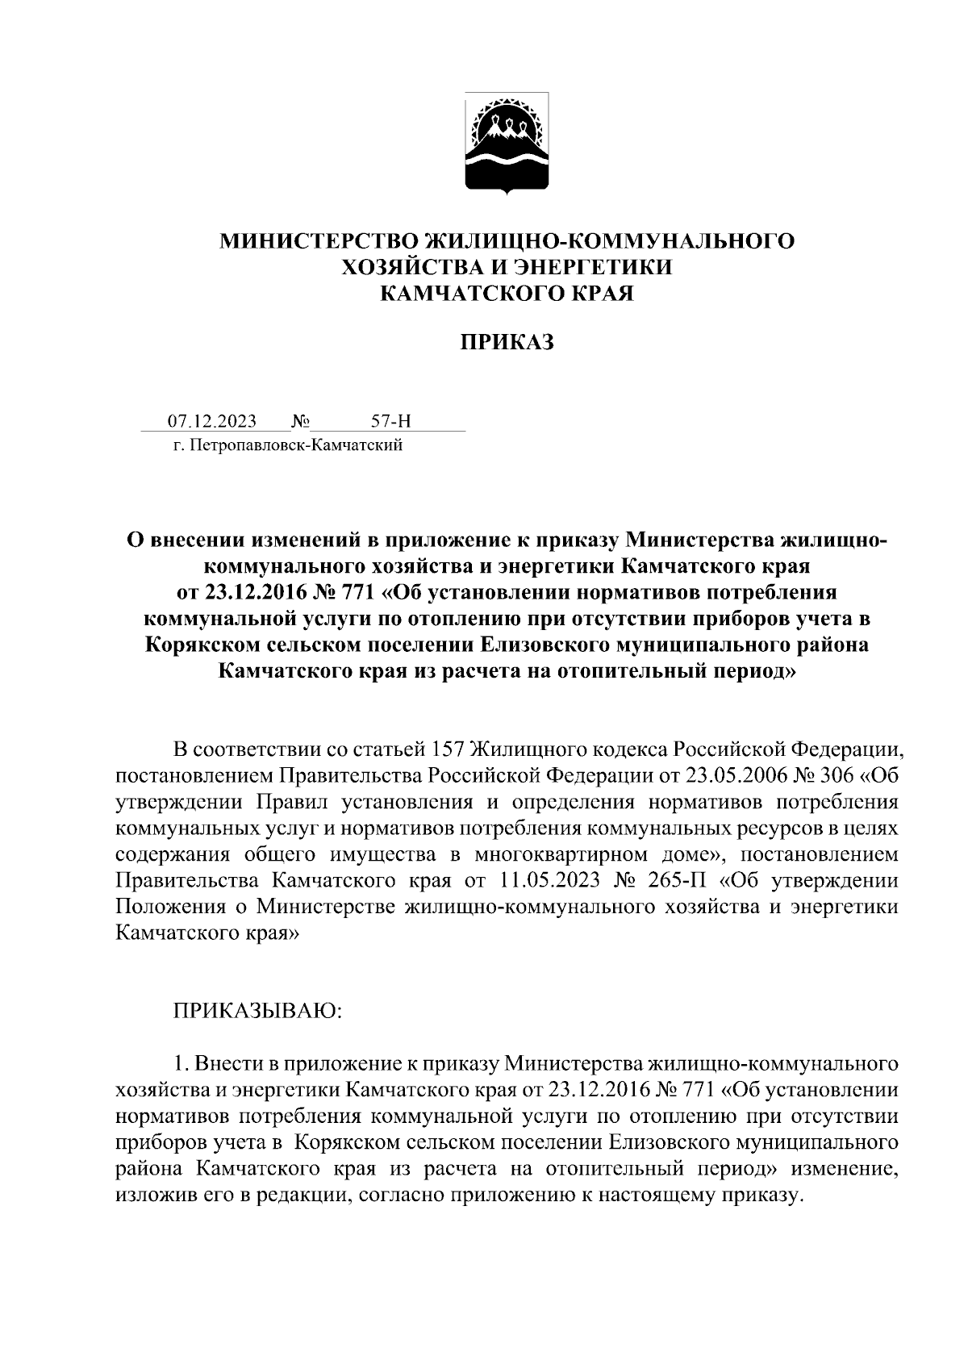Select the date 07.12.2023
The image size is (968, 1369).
pyautogui.click(x=212, y=421)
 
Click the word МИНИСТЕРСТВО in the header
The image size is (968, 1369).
pyautogui.click(x=321, y=240)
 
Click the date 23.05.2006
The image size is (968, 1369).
pyautogui.click(x=732, y=775)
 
